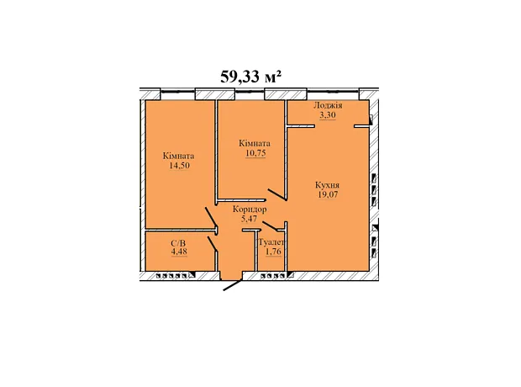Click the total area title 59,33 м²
point(251,77)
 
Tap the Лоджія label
point(328,106)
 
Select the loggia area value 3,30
point(328,115)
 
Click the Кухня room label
point(327,185)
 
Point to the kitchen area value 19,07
point(328,194)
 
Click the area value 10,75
point(255,153)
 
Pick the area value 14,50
point(180,166)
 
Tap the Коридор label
point(250,209)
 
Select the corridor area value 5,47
point(250,219)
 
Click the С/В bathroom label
point(178,244)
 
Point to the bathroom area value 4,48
point(179,252)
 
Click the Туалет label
point(271,242)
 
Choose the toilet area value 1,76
point(273,252)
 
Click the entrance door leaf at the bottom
point(233,285)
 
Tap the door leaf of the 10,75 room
point(277,194)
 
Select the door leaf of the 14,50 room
point(211,217)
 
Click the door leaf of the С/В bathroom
point(213,244)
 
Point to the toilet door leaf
point(270,226)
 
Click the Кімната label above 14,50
point(179,156)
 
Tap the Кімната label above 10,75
point(255,143)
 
